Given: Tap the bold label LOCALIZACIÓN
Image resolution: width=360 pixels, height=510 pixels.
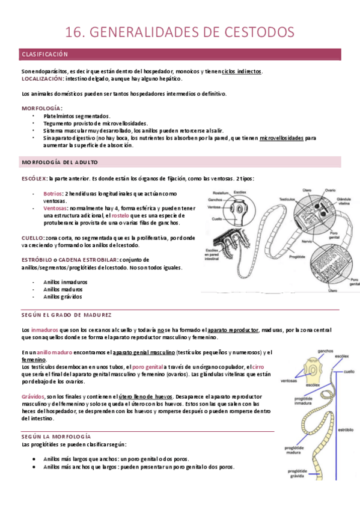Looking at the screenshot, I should tap(41, 79).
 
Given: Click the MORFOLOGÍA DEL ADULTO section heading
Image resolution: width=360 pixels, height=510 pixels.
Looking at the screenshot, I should tap(60, 163).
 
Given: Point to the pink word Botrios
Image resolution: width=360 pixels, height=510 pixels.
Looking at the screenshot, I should tap(53, 193).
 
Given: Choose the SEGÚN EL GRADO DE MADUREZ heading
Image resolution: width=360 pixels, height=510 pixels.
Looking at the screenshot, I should tap(66, 315).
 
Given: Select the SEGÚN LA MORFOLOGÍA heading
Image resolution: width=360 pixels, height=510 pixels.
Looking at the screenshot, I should tap(56, 435).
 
